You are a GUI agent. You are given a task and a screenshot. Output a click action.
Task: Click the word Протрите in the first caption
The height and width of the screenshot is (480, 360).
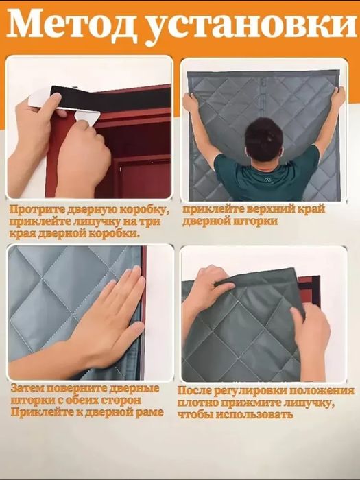point(38,209)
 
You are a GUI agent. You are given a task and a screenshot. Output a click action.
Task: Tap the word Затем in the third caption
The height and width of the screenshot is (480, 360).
point(27,389)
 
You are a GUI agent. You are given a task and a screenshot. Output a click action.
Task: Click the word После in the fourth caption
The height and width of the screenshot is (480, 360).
point(200,389)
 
